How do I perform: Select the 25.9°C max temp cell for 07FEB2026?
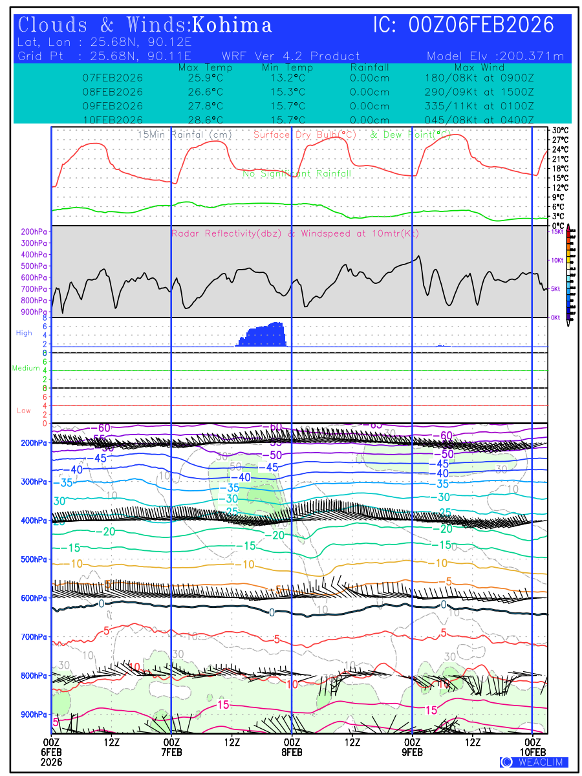(200, 78)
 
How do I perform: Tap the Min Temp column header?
(287, 67)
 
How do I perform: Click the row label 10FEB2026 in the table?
(113, 120)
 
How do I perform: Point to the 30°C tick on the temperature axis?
(560, 130)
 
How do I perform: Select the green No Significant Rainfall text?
(297, 174)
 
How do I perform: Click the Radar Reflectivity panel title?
(295, 233)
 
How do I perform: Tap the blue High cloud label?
(24, 333)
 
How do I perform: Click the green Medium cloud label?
(26, 368)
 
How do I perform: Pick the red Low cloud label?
(24, 411)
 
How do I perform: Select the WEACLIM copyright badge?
(533, 762)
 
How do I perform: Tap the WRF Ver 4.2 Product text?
(290, 56)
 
